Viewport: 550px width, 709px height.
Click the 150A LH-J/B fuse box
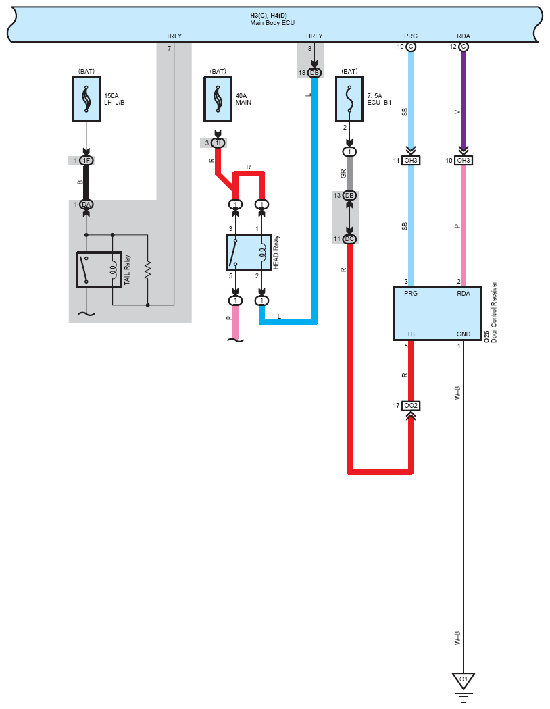86,99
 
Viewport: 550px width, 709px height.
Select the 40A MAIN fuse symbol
218,99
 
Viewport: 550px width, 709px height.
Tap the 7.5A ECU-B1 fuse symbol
349,99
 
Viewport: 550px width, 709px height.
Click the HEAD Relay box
249,252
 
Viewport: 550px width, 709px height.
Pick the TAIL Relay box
99,269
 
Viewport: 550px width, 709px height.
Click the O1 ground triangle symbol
463,681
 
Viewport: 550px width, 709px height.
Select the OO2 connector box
411,406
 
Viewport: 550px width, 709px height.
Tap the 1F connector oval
86,161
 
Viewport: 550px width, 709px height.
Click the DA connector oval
86,205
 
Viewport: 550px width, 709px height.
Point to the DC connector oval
349,239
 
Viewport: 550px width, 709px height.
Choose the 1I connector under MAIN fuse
218,143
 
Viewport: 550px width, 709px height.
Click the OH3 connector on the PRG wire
411,161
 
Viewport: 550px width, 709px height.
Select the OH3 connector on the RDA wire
463,161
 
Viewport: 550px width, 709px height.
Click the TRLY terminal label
174,36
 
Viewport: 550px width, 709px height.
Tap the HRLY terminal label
314,36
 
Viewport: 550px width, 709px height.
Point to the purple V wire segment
463,99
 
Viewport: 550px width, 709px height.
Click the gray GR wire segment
349,174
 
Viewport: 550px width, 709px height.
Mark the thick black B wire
86,183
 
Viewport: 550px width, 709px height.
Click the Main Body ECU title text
272,22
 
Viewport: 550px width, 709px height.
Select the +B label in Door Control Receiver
411,334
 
